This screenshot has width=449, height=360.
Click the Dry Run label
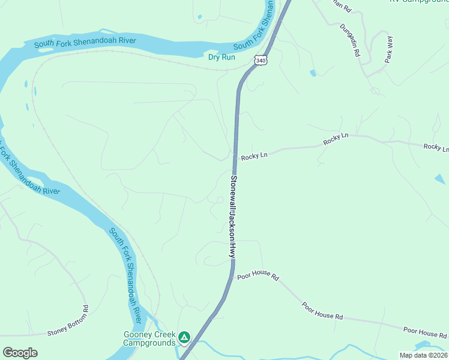point(221,57)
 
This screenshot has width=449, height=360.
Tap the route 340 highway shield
point(260,61)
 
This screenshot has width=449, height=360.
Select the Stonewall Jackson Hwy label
point(232,217)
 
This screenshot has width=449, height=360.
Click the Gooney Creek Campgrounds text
point(149,338)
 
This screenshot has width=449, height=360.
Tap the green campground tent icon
point(185,338)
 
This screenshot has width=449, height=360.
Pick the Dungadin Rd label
point(349,40)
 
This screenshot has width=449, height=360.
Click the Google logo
point(20,352)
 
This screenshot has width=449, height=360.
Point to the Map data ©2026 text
point(423,355)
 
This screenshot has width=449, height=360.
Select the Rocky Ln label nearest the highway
point(254,156)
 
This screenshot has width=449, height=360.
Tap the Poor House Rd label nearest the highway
point(258,277)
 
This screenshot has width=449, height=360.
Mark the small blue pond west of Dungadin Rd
point(313,73)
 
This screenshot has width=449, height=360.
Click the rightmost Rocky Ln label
point(436,147)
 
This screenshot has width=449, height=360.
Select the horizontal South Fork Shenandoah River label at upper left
point(85,43)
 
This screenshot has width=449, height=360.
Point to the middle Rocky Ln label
point(336,140)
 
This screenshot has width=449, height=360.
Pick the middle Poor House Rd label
point(322,311)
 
